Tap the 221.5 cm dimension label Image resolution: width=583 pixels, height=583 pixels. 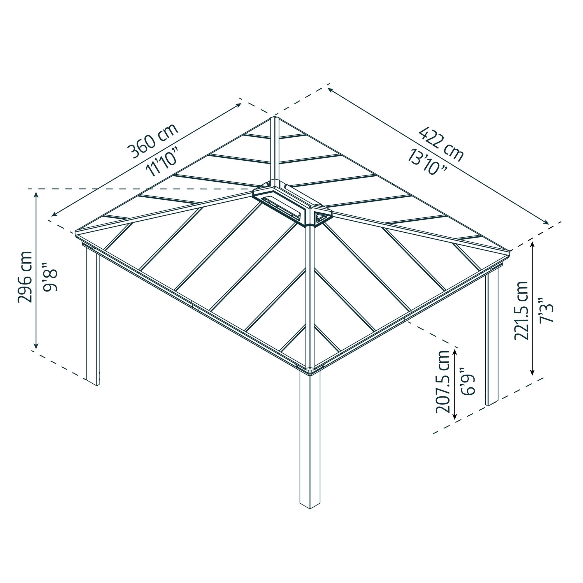521,311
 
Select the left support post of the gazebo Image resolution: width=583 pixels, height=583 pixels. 93,317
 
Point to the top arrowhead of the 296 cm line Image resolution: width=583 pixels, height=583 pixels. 36,194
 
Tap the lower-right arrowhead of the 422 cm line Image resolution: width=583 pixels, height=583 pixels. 547,223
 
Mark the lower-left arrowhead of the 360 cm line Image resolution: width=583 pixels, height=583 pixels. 53,215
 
